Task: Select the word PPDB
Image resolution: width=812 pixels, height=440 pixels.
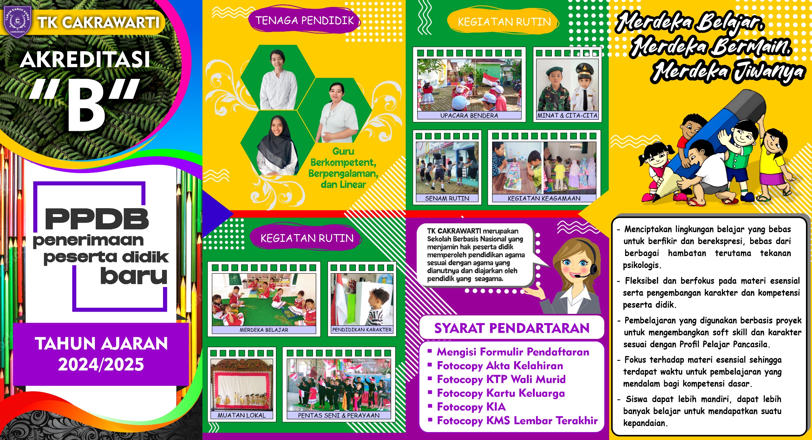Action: [x=97, y=219]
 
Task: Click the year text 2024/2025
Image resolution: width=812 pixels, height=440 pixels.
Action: [x=101, y=364]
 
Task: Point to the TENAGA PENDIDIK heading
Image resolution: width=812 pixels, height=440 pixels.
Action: [x=304, y=21]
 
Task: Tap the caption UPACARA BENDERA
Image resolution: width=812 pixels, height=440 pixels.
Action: [x=469, y=116]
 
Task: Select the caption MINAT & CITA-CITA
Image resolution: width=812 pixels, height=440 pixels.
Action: [x=567, y=116]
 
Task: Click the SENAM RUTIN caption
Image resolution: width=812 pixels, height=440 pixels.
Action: [x=447, y=199]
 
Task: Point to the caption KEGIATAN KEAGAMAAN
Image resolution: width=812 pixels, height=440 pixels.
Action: [x=544, y=199]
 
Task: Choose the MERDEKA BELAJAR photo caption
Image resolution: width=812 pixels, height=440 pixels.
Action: [x=264, y=330]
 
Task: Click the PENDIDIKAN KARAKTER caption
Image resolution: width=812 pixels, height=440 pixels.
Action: [x=362, y=330]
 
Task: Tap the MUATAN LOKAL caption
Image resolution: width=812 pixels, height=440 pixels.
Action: [x=242, y=415]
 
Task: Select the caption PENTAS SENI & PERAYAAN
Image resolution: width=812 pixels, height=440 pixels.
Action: [x=338, y=415]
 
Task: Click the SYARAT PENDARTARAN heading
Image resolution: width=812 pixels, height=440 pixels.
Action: [x=512, y=328]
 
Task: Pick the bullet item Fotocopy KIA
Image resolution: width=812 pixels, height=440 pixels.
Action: [x=471, y=407]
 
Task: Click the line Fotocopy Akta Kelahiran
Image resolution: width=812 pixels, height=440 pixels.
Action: [x=500, y=366]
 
